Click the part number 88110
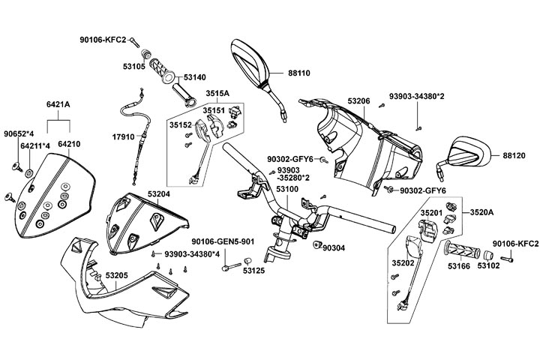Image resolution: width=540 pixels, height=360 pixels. click(300, 73)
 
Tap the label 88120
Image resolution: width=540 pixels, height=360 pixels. click(514, 155)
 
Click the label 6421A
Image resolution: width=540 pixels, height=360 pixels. click(58, 104)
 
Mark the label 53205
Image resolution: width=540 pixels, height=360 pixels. click(115, 276)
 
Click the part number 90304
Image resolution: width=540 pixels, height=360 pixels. click(334, 247)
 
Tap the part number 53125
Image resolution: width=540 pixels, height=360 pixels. click(254, 271)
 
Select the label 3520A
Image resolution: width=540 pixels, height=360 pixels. click(481, 213)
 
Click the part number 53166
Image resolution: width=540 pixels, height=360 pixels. click(459, 265)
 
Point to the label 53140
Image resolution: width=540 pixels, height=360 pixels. click(194, 76)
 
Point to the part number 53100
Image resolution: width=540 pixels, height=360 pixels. click(286, 190)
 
